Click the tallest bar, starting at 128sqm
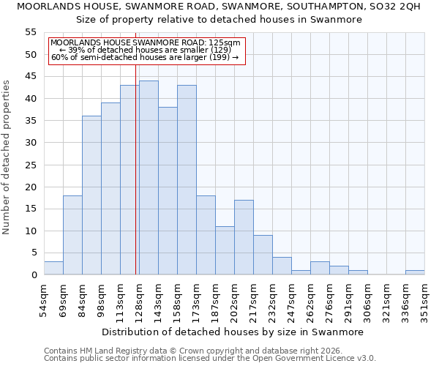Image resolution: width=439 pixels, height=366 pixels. point(149,178)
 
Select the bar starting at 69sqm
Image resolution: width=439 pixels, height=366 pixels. point(72,235)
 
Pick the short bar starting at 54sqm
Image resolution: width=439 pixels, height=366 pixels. point(53,268)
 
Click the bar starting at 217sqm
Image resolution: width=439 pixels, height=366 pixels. point(263,255)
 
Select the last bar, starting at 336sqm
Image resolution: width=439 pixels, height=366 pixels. point(415,272)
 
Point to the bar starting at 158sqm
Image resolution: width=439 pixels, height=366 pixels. point(187,180)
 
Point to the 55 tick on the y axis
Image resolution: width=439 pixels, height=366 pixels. point(31,32)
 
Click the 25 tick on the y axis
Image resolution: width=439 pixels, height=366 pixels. point(31,165)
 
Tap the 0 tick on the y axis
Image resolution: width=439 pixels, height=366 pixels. point(34,275)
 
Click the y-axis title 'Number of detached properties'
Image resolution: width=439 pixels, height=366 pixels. point(7,157)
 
